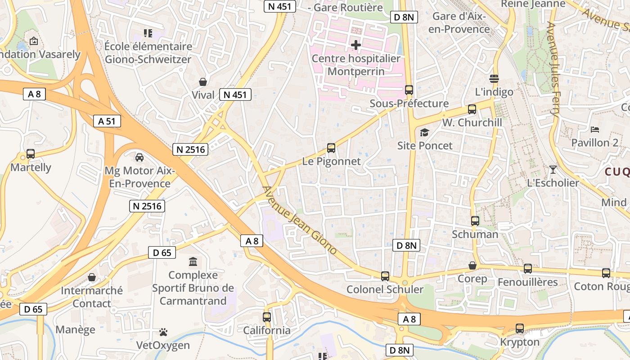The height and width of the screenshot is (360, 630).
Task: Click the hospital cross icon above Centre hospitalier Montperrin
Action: pyautogui.click(x=356, y=45)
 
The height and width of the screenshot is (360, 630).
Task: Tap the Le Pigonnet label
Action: pyautogui.click(x=331, y=161)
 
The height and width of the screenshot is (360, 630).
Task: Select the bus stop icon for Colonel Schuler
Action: pyautogui.click(x=385, y=276)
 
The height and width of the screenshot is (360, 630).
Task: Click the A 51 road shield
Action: pyautogui.click(x=107, y=121)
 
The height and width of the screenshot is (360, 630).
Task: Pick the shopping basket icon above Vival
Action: pyautogui.click(x=203, y=82)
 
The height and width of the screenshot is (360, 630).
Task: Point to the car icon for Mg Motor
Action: pyautogui.click(x=139, y=157)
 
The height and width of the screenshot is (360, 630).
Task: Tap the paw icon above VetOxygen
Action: pyautogui.click(x=163, y=332)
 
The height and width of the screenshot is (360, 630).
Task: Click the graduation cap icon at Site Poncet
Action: pyautogui.click(x=424, y=132)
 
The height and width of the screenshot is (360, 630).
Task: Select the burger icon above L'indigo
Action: pyautogui.click(x=494, y=79)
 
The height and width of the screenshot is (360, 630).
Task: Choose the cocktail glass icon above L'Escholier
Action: pyautogui.click(x=553, y=170)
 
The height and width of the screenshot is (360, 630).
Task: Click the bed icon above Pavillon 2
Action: pyautogui.click(x=595, y=130)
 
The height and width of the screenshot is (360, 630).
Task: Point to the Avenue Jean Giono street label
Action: pyautogui.click(x=299, y=220)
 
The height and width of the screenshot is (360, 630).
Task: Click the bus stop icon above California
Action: pyautogui.click(x=267, y=317)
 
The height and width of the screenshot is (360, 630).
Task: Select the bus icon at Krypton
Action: pyautogui.click(x=520, y=328)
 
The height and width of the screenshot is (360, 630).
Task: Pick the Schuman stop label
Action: pyautogui.click(x=475, y=234)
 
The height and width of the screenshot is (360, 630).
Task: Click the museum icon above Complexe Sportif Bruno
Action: pyautogui.click(x=193, y=261)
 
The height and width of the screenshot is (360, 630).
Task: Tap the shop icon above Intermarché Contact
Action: pyautogui.click(x=92, y=277)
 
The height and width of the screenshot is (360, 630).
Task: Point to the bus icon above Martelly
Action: pyautogui.click(x=31, y=154)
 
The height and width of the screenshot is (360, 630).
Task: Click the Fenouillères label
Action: pyautogui.click(x=527, y=282)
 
